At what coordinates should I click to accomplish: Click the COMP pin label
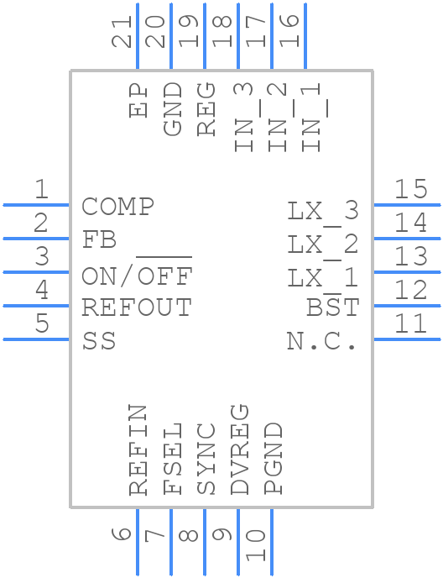[117, 207]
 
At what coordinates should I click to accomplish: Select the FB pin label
[99, 240]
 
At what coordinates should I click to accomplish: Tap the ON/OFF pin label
[138, 275]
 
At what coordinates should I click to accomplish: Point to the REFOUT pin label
[137, 308]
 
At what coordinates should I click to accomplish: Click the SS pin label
[99, 342]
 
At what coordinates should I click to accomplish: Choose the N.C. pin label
[322, 342]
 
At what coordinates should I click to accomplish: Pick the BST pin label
[332, 308]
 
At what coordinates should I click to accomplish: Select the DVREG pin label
[239, 449]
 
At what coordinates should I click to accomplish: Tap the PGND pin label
[273, 459]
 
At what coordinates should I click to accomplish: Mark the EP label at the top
[138, 101]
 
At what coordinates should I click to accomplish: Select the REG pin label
[206, 108]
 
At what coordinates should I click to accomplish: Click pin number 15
[411, 189]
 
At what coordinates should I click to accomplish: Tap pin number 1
[40, 190]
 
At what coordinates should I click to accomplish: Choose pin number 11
[411, 324]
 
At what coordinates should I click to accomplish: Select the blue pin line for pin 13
[407, 272]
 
